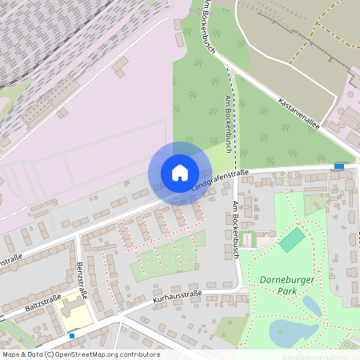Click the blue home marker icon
tap(179, 172)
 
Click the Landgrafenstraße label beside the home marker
tap(221, 179)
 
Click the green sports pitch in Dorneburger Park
tap(293, 239)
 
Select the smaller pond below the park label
tap(310, 305)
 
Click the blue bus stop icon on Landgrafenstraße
tap(339, 166)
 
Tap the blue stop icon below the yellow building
tap(73, 336)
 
